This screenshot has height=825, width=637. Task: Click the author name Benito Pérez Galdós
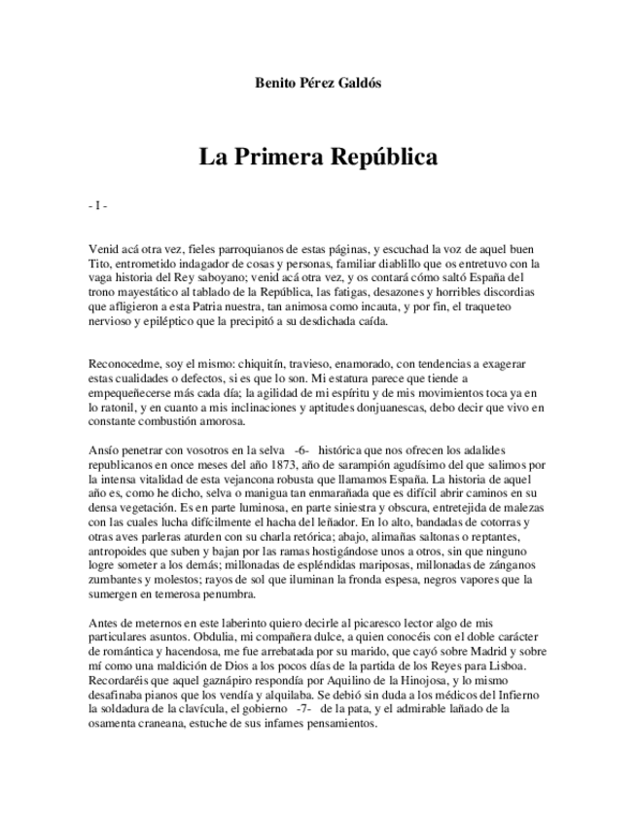(318, 83)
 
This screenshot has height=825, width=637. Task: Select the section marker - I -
(96, 206)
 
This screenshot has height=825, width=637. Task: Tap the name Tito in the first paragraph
(99, 263)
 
